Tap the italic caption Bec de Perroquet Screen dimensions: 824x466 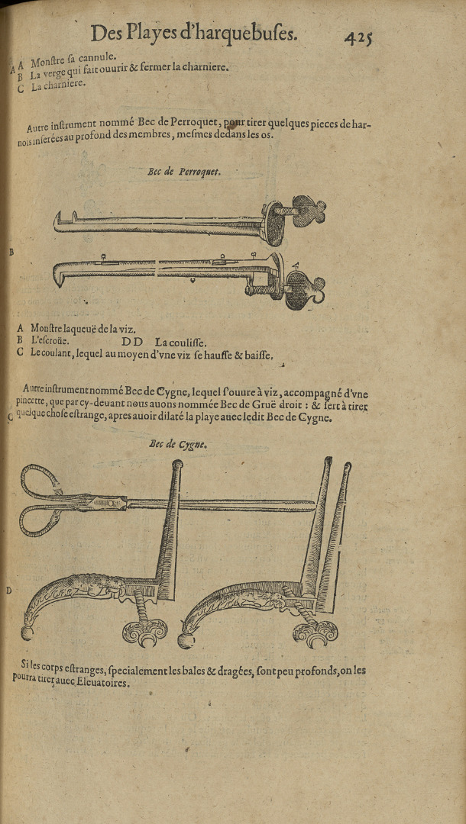tap(184, 172)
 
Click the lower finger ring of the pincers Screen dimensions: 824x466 tap(37, 521)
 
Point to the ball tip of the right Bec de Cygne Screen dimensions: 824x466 tap(185, 639)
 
